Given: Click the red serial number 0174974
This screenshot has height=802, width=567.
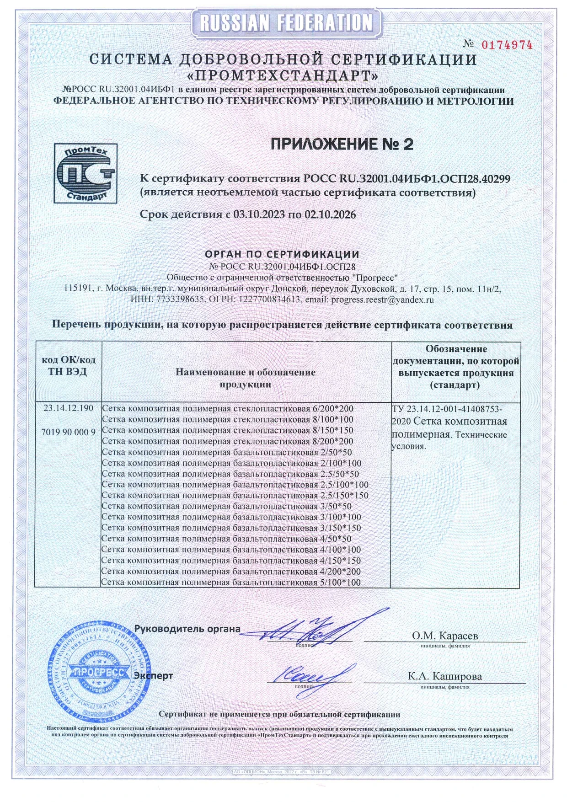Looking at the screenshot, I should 507,45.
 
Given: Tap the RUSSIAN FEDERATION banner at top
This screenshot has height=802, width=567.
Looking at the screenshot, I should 286,22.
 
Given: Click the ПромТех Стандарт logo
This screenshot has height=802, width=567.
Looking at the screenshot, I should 86,173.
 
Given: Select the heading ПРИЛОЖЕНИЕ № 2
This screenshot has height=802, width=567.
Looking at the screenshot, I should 342,144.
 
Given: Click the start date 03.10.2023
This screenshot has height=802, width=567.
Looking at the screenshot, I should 259,214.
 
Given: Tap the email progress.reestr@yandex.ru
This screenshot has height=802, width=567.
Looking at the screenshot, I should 382,300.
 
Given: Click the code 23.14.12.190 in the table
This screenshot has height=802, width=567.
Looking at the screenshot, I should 68,408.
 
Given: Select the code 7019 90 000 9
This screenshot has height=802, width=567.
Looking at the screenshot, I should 68,432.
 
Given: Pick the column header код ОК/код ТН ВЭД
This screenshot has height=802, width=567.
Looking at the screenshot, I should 68,366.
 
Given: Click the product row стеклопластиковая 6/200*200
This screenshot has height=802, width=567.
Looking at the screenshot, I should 227,408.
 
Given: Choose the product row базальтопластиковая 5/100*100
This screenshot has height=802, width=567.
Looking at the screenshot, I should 231,583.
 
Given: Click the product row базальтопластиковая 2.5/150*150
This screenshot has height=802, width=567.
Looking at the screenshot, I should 235,495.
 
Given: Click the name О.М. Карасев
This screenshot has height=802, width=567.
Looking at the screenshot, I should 445,636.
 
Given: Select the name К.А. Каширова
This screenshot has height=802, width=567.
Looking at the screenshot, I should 445,676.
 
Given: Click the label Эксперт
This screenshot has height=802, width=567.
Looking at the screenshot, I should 153,675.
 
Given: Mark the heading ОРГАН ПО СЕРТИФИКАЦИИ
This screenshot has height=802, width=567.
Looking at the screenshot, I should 282,254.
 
